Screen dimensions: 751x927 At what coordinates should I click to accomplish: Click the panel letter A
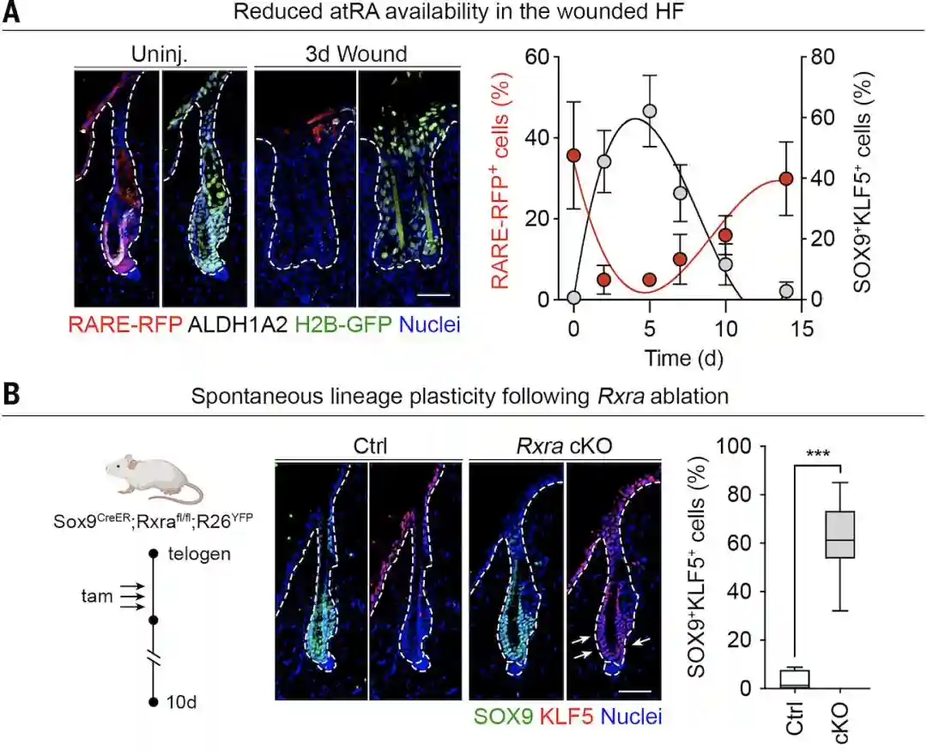coord(11,14)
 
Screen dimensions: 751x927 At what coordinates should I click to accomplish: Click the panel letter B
coord(11,397)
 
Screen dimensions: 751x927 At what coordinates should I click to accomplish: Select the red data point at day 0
coord(573,156)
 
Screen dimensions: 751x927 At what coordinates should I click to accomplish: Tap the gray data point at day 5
coord(650,111)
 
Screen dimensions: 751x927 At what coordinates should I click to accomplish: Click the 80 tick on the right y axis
coord(820,58)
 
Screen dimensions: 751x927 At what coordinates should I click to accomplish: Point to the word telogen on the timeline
coord(199,554)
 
